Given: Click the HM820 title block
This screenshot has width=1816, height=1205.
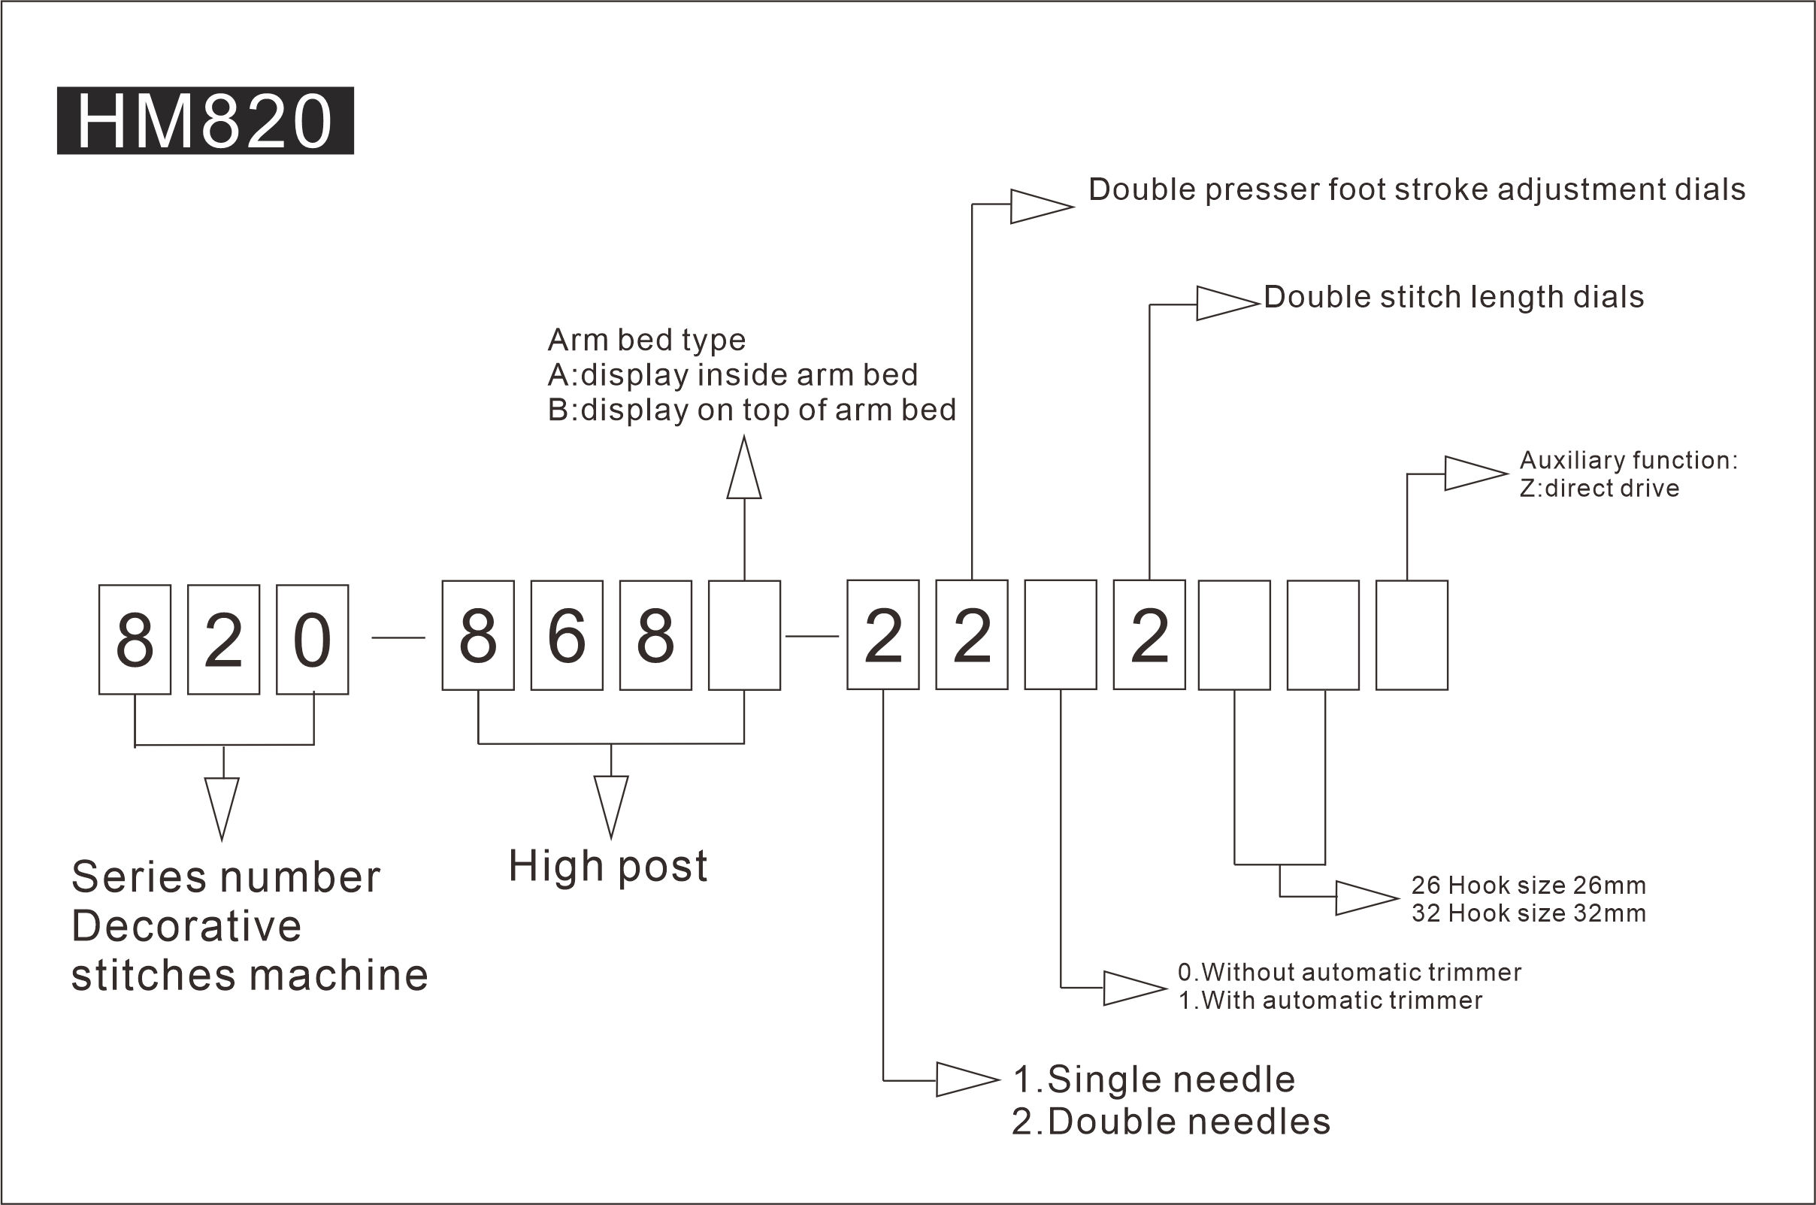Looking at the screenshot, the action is pos(205,121).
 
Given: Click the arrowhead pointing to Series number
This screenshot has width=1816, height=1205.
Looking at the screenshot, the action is pos(222,810).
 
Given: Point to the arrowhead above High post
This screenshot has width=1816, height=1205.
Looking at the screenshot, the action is pos(612,807).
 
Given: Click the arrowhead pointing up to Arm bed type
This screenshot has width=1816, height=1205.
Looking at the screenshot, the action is pos(744,468).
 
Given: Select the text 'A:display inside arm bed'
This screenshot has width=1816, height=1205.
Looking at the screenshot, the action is pos(733,375).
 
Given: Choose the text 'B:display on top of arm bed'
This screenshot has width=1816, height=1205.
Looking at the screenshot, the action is pos(752,410).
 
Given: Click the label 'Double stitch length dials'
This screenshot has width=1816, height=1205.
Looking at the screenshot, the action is pos(1454,298).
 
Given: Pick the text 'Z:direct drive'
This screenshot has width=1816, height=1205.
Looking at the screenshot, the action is pos(1600,489).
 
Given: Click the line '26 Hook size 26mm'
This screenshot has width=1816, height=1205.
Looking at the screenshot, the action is pos(1529,886).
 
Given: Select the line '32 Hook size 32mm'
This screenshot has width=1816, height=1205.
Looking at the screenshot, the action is pos(1529,914).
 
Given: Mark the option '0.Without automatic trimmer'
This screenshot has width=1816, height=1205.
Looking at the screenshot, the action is pos(1350,972).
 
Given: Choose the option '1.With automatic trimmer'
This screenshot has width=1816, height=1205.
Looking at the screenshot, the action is pos(1330,1001).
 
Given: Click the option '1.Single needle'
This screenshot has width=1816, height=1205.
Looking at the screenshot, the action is pos(1154,1079).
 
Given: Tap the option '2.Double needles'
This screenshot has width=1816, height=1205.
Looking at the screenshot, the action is pos(1172,1122).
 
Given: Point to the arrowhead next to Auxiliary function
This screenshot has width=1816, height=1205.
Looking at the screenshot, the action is pos(1476,474).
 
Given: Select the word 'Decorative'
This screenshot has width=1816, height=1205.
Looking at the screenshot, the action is pos(186,926).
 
